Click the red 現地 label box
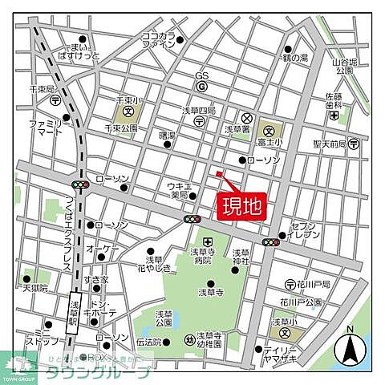click(x=242, y=205)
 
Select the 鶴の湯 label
click(x=295, y=58)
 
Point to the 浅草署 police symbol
click(x=247, y=115)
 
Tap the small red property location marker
click(x=218, y=173)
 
